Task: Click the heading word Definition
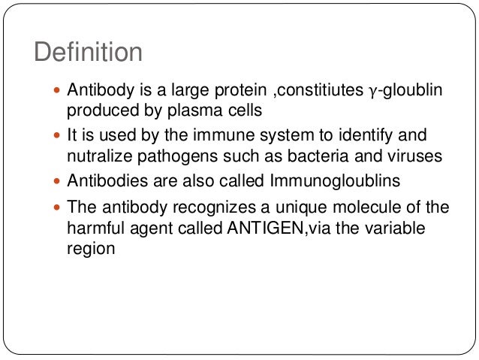[x=89, y=53]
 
